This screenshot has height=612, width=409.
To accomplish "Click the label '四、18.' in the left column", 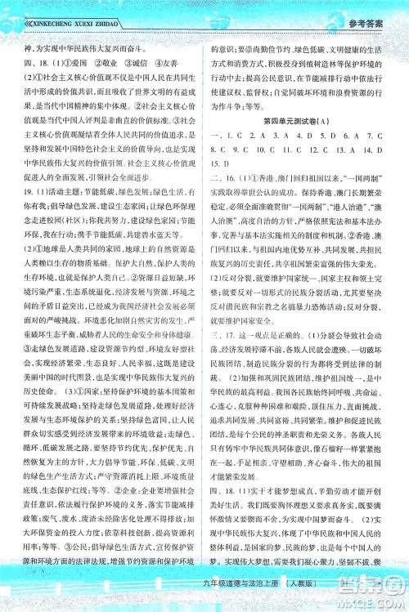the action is coord(32,60).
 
